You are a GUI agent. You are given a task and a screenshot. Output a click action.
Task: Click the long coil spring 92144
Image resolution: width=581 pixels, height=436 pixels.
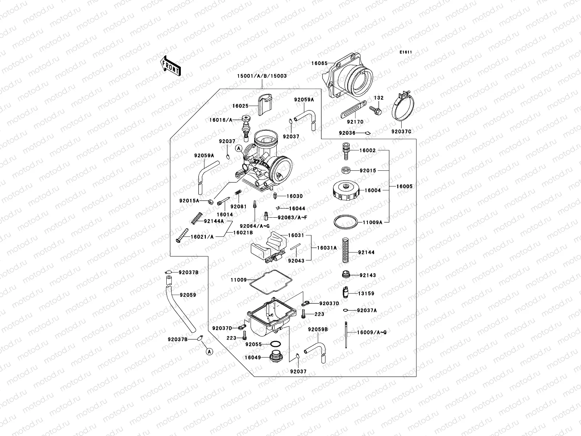(x=346, y=250)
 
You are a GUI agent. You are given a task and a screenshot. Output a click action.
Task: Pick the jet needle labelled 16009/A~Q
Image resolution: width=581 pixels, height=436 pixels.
(x=347, y=335)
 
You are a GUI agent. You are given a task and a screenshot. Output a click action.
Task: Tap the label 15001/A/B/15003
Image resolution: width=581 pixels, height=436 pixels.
(x=262, y=76)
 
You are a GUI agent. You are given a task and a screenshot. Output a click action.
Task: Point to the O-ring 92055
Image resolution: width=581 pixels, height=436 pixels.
(x=275, y=344)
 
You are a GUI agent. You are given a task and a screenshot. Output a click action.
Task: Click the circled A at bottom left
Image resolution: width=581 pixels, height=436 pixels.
(x=209, y=351)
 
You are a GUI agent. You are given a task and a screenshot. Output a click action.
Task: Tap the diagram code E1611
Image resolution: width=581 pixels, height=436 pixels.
(x=406, y=52)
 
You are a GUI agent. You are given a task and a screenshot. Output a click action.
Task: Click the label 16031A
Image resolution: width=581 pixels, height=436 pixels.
(x=327, y=247)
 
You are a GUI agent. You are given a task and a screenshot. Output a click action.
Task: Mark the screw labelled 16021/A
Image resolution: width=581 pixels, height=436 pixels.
(x=182, y=236)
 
